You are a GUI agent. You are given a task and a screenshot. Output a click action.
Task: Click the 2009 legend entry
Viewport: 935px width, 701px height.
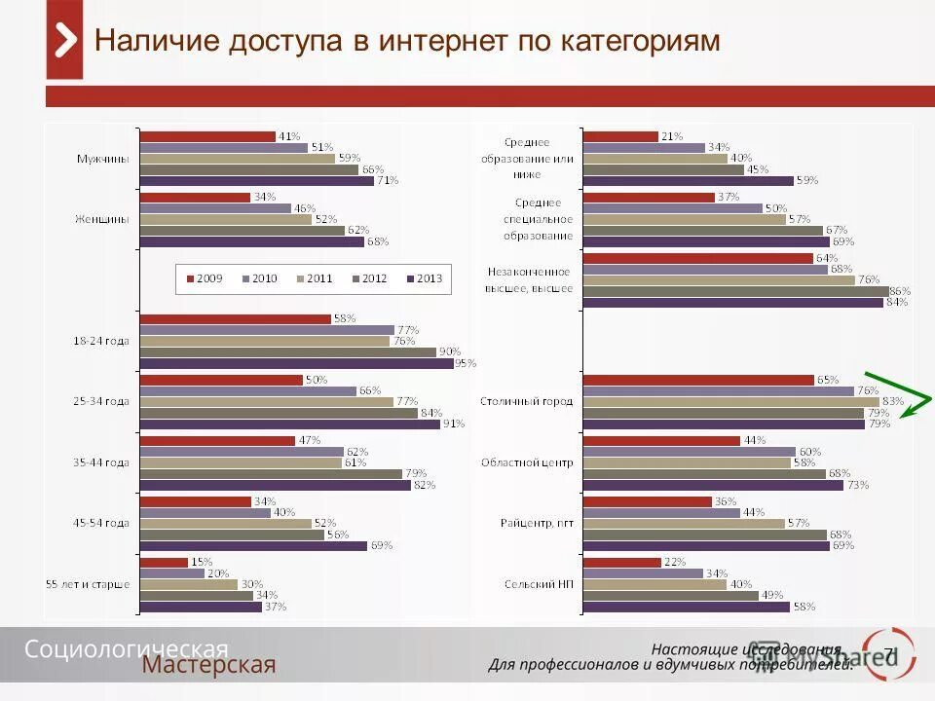click(x=204, y=278)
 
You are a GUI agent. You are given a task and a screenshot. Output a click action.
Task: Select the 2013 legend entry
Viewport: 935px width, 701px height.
click(x=425, y=278)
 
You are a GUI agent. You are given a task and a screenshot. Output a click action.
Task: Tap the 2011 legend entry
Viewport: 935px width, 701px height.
click(x=315, y=278)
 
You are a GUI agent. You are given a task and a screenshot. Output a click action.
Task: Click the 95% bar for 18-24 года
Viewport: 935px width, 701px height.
click(x=297, y=363)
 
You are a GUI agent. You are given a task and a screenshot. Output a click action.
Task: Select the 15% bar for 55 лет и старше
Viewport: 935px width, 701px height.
click(x=165, y=562)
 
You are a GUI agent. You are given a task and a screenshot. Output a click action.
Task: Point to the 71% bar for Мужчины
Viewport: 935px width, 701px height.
click(x=257, y=180)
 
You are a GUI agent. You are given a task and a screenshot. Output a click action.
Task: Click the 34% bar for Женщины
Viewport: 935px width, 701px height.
click(x=196, y=197)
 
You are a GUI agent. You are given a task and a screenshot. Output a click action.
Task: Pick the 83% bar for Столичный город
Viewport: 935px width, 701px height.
click(x=730, y=401)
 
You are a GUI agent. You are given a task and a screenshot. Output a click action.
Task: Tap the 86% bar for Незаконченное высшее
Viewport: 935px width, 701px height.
click(x=735, y=290)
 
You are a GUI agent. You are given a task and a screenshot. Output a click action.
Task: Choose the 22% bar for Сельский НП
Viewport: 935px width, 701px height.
click(x=623, y=562)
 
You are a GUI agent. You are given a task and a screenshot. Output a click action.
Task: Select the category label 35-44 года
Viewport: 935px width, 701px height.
click(x=102, y=462)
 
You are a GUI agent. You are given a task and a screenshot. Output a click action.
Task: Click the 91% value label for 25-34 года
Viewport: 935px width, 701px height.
click(x=453, y=424)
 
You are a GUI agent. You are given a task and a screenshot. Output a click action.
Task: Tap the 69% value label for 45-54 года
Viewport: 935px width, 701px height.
click(x=381, y=546)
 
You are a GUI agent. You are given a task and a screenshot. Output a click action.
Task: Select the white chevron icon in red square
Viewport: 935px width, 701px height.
click(x=64, y=41)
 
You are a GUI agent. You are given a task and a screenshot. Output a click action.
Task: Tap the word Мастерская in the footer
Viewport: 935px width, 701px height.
click(x=209, y=665)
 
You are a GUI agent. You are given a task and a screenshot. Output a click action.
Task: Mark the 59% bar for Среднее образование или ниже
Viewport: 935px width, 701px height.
click(x=689, y=180)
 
